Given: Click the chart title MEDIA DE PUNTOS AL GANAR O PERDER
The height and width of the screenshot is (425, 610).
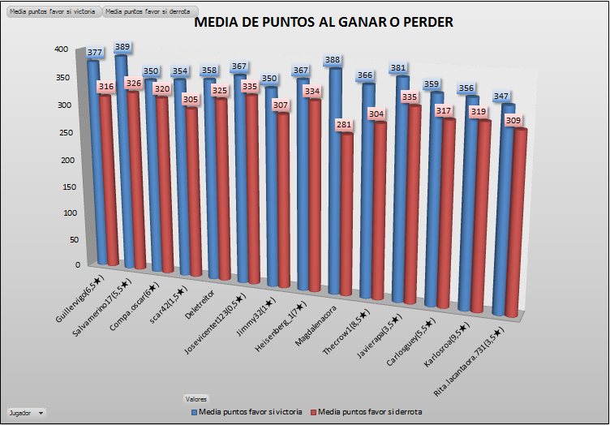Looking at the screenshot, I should click(324, 23).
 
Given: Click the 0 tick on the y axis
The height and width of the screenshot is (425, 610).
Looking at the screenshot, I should click(78, 265).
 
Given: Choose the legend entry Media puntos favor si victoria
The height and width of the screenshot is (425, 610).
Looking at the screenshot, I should click(247, 412).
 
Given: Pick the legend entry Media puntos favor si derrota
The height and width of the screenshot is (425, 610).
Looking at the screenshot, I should click(372, 412).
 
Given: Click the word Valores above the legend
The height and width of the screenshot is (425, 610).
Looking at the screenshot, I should click(195, 399).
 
